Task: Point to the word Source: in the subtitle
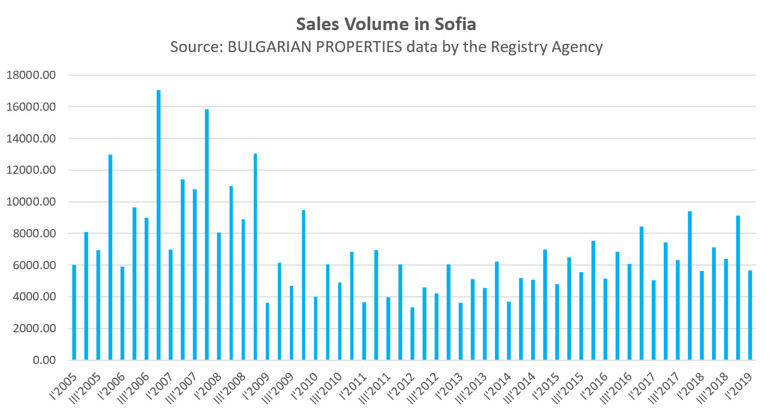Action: coord(196,47)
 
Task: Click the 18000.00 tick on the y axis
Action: coord(32,75)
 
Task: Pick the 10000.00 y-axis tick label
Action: coord(32,202)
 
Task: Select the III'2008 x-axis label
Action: coord(234,382)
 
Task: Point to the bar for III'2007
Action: coord(195,274)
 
